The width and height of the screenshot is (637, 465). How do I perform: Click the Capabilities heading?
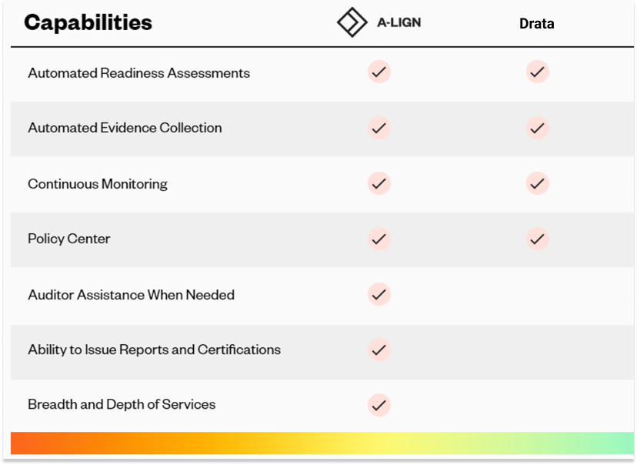click(88, 22)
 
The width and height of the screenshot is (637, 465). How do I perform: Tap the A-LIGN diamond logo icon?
click(352, 22)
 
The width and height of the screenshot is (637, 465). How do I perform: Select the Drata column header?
click(537, 23)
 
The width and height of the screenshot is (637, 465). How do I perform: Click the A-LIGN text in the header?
click(399, 22)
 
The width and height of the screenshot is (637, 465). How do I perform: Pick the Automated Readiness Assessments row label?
click(138, 73)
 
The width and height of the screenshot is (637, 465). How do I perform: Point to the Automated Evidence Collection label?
click(125, 128)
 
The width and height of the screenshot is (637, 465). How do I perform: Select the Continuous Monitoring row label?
click(98, 184)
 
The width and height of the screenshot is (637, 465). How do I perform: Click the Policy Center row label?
click(69, 239)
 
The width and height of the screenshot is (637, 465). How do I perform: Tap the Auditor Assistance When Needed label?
click(131, 295)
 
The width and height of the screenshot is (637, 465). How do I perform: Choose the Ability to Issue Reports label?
click(154, 350)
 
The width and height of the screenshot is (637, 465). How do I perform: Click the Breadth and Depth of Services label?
click(122, 404)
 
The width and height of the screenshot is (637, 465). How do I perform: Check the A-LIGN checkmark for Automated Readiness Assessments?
click(379, 72)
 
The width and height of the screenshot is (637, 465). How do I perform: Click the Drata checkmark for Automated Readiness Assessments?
click(537, 72)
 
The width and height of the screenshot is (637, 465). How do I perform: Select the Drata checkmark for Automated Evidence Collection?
click(537, 128)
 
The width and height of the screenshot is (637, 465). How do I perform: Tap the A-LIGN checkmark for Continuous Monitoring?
click(379, 183)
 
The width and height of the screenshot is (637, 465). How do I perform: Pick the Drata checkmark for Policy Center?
click(537, 239)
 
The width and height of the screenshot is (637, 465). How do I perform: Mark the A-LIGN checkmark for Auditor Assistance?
click(379, 294)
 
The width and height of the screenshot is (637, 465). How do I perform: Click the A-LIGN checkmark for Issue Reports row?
click(379, 350)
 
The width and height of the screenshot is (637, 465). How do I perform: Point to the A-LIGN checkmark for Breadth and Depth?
click(379, 404)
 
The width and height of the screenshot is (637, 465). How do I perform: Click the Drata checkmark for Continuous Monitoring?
click(537, 183)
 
